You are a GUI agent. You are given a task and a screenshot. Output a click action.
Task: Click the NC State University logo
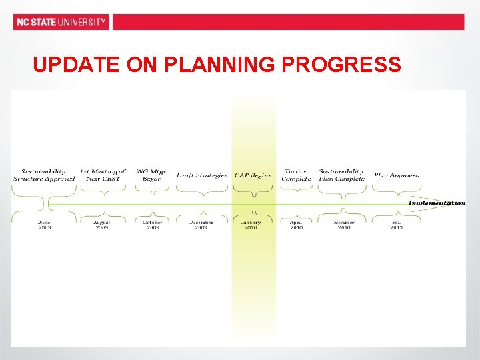tap(61, 22)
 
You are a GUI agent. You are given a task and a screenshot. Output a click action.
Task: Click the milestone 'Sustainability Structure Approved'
tap(44, 175)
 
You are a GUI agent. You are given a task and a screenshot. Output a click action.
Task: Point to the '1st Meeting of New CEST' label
tap(102, 175)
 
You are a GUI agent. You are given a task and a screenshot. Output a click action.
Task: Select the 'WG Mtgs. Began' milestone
tap(151, 175)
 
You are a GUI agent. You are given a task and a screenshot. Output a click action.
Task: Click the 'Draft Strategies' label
tap(201, 175)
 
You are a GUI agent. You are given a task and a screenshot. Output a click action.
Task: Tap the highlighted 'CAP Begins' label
tap(253, 175)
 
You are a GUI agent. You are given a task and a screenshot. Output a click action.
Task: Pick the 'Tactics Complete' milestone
tap(296, 175)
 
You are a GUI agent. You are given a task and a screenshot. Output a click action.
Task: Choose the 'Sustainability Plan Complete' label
tap(341, 175)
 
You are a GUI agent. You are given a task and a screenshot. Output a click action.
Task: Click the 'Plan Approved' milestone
tap(397, 175)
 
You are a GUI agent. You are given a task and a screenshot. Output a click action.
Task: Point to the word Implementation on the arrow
tap(437, 203)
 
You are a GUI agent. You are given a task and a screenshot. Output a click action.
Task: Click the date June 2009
tap(44, 225)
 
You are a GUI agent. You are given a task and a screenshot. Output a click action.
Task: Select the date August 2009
tap(102, 225)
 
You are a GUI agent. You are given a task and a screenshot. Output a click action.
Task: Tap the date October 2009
tap(152, 225)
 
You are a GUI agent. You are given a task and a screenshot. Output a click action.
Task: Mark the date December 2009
tap(201, 225)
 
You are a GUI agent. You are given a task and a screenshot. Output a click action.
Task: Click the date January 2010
tap(251, 225)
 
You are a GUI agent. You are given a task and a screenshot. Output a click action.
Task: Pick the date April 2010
tap(296, 225)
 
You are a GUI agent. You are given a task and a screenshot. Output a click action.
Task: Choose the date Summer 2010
tap(343, 225)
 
